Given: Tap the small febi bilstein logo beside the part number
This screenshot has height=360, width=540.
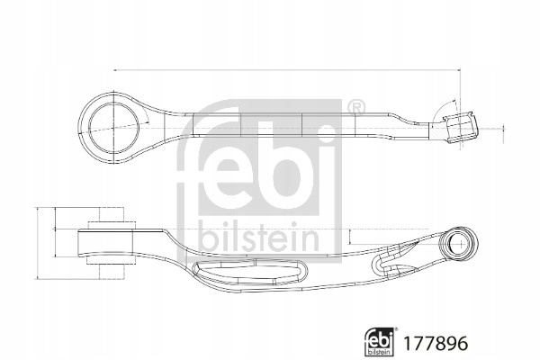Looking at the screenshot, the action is [x=380, y=341].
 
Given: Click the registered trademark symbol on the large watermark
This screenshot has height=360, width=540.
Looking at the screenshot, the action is [x=355, y=108].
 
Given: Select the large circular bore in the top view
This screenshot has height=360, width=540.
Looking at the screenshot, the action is [x=114, y=127].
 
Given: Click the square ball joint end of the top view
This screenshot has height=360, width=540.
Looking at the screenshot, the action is [x=462, y=128].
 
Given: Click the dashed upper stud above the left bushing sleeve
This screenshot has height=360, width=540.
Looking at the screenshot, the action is [x=112, y=214].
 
